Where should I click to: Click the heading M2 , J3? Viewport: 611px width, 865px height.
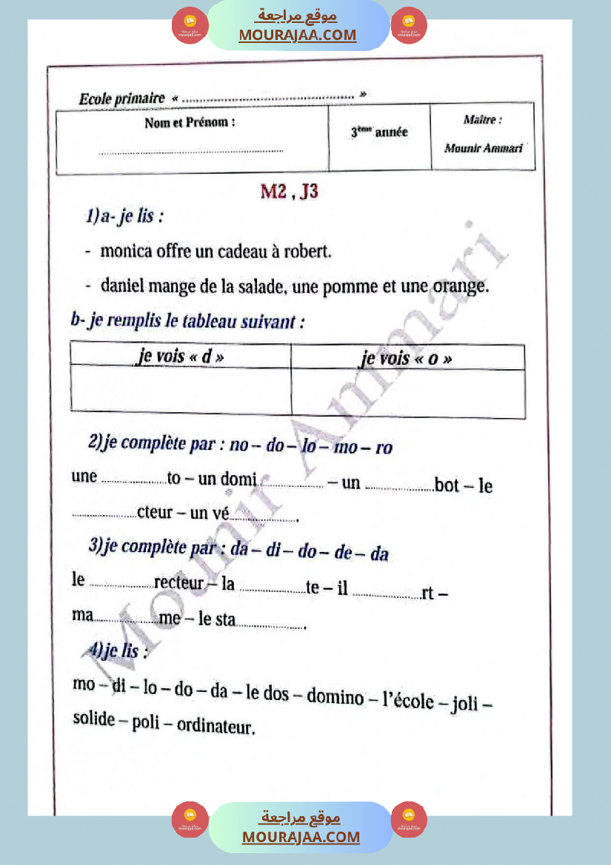click(289, 192)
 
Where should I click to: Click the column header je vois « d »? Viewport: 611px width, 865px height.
click(181, 357)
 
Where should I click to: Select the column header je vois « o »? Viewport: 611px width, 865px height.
click(407, 359)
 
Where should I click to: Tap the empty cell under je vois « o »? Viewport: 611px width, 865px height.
click(407, 392)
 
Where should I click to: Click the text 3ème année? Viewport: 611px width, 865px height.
click(379, 132)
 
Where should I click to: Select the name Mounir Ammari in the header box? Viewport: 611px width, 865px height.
click(483, 148)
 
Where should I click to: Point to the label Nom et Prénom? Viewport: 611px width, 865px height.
click(190, 123)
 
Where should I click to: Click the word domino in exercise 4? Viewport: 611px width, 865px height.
click(335, 696)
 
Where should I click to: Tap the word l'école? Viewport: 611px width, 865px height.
click(408, 700)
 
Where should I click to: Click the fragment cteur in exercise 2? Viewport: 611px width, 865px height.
click(155, 511)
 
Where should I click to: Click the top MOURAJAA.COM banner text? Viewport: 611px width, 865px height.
click(298, 35)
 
